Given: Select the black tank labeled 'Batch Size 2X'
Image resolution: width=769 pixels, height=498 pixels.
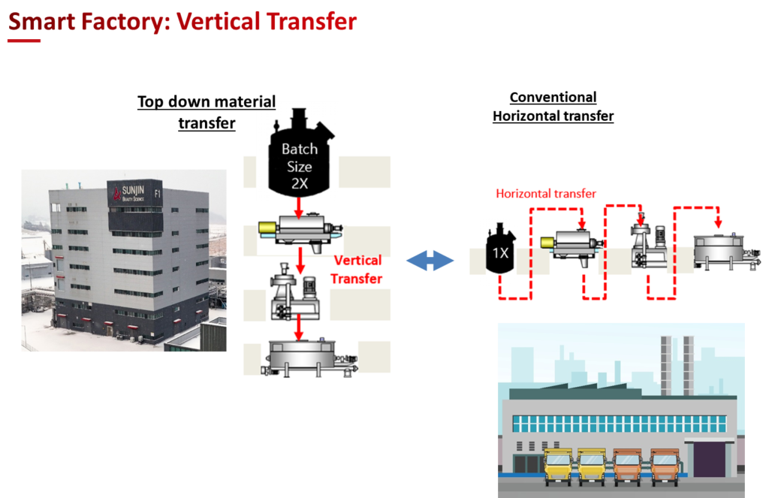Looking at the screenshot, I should point(300,158).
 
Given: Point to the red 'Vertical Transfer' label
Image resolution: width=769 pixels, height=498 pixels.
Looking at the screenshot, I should point(357,269).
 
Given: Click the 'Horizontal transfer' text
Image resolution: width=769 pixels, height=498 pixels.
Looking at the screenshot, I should point(546,194).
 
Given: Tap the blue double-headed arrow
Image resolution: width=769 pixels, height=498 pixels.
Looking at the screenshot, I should point(431,261).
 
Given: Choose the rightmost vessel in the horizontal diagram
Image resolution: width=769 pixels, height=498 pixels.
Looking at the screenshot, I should point(720,250).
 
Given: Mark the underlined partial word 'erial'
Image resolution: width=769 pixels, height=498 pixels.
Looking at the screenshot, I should point(259,101).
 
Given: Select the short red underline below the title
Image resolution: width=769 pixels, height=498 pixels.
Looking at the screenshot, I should point(24,41).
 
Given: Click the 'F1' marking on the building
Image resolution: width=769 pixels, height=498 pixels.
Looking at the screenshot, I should point(157,194).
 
